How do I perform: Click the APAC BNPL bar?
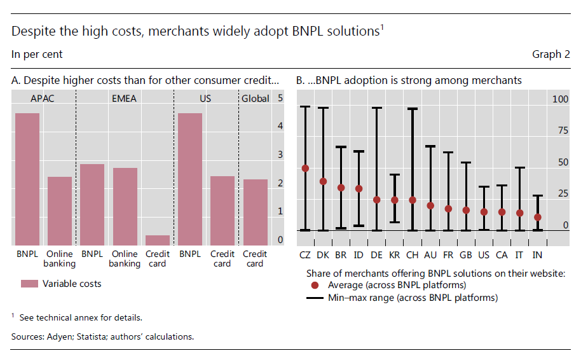point(27,179)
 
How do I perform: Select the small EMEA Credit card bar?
point(158,240)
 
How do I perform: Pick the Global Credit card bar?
point(255,212)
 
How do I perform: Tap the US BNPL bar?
point(190,179)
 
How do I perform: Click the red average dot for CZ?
point(305,169)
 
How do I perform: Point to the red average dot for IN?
point(538,217)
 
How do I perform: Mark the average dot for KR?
point(394,200)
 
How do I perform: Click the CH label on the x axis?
point(412,254)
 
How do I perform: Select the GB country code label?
point(466,254)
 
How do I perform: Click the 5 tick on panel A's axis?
point(280,99)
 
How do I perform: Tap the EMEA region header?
point(124,99)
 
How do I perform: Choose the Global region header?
point(255,99)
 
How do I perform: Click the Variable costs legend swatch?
point(29,284)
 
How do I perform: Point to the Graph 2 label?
point(550,55)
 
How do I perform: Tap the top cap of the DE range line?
point(376,108)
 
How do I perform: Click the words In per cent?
point(37,55)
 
